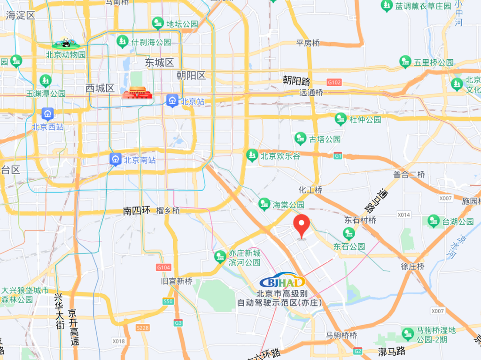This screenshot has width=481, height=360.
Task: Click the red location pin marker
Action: [x=301, y=226]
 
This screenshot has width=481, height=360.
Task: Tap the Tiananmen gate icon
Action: [x=137, y=92]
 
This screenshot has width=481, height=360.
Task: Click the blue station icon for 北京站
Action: [x=172, y=100]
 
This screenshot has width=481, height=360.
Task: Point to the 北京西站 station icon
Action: [x=47, y=114]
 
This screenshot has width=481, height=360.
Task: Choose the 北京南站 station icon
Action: [x=116, y=160]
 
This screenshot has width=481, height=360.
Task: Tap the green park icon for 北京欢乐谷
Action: [x=252, y=155]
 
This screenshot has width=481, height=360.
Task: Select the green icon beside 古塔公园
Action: [x=300, y=138]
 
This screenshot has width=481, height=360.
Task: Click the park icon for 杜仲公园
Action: [x=341, y=119]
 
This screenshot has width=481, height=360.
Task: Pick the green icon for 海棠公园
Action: [x=264, y=204]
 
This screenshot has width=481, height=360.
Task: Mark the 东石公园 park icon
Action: [x=349, y=233]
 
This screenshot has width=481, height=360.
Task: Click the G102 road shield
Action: [x=334, y=83]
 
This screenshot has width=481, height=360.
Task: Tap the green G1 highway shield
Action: [x=338, y=156]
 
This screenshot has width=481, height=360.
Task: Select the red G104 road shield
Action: [x=163, y=267]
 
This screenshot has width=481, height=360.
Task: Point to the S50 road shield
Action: [x=168, y=301]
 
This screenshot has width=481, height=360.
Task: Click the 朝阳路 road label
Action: [x=297, y=80]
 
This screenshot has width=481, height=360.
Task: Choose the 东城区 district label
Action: [x=159, y=62]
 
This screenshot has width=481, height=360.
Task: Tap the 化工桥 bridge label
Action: [x=310, y=190]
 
